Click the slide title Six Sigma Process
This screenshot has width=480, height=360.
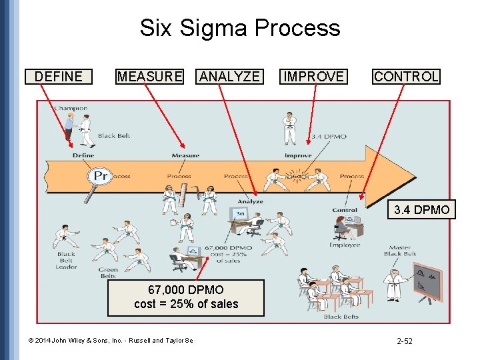click(x=239, y=28)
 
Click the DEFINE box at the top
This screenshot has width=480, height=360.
click(x=58, y=77)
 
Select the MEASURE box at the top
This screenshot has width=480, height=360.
click(x=149, y=77)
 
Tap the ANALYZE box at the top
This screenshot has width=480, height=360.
click(x=230, y=77)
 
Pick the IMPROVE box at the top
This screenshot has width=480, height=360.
click(x=313, y=77)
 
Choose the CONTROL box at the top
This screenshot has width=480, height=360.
click(x=406, y=77)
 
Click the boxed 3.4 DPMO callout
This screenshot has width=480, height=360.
click(x=421, y=210)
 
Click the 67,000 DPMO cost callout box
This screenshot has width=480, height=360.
click(x=186, y=297)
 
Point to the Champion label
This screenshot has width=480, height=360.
click(x=70, y=108)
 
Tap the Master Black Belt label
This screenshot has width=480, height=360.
click(x=400, y=251)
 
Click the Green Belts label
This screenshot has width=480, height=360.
click(x=107, y=273)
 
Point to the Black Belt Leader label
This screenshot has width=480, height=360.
click(x=66, y=260)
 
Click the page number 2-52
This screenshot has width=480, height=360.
click(x=405, y=341)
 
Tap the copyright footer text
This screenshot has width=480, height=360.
click(x=111, y=341)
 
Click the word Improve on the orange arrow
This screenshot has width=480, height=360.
click(x=298, y=156)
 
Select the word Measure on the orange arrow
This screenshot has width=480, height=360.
click(x=185, y=156)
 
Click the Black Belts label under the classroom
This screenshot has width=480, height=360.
click(x=341, y=317)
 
